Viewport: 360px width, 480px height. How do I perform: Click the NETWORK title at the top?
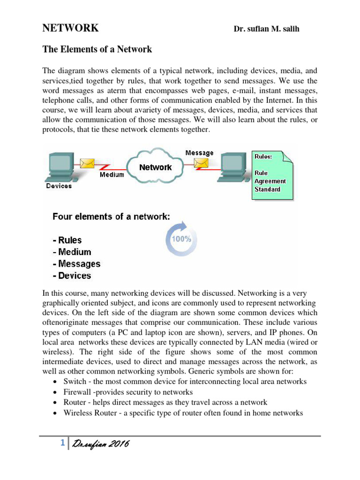[70, 28]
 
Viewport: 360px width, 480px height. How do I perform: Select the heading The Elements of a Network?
[97, 49]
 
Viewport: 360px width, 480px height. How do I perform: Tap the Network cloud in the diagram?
[155, 167]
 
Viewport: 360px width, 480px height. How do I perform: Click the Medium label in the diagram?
[112, 175]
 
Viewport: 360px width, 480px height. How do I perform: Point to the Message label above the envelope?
[199, 153]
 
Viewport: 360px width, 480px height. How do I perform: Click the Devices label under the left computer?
[59, 186]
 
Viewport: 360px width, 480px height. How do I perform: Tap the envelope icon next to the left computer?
[87, 163]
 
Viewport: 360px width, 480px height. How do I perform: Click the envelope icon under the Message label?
[201, 163]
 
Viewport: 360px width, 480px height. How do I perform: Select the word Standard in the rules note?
[267, 189]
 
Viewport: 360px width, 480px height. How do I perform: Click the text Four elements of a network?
[111, 217]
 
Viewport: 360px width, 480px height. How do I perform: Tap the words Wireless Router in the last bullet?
[90, 413]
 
